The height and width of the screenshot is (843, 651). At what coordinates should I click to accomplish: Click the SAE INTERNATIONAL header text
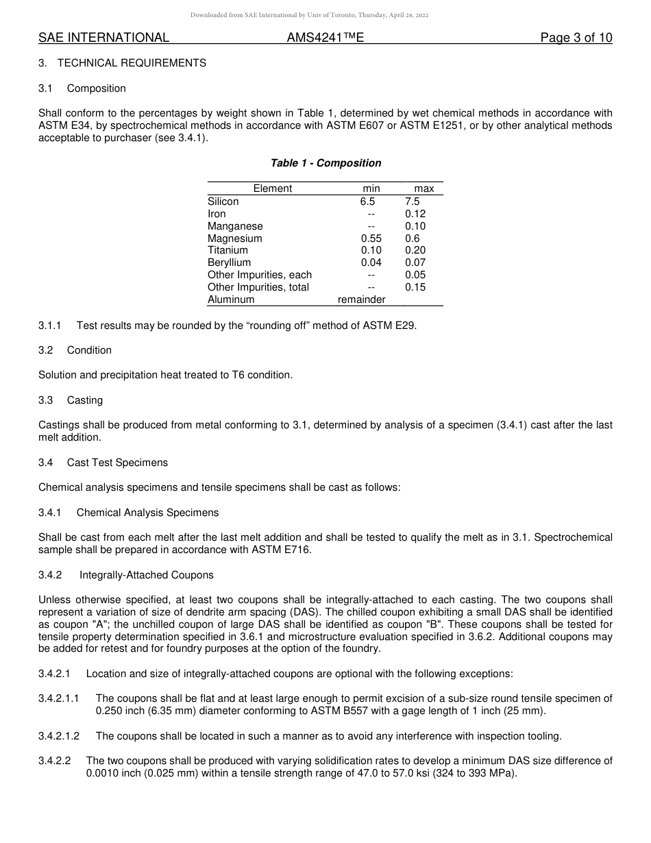[103, 38]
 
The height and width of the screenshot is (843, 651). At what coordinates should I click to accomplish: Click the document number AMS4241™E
[325, 38]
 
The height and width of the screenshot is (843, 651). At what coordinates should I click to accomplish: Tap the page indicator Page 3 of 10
[576, 38]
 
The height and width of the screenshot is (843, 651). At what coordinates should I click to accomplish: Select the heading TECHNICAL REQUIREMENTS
[132, 63]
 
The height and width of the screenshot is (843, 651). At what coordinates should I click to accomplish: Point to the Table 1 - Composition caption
[325, 163]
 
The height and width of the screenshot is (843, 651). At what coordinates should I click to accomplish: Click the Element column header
[273, 188]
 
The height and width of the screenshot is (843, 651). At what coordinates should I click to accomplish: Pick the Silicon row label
[223, 201]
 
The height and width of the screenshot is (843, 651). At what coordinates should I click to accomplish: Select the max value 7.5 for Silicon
[413, 201]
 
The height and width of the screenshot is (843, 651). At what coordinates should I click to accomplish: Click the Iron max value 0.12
[415, 214]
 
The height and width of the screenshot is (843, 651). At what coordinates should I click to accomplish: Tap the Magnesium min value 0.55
[371, 239]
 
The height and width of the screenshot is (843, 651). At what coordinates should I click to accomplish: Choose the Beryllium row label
[229, 262]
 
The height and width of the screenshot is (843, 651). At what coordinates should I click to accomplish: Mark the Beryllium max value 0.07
[415, 262]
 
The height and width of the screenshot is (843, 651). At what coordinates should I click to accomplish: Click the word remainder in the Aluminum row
[362, 300]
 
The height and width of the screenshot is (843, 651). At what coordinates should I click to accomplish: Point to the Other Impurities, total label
[258, 287]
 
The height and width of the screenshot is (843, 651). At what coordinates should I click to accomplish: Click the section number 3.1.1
[50, 326]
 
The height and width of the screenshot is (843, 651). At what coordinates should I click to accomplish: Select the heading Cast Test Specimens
[117, 463]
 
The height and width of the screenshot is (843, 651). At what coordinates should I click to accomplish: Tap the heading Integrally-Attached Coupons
[147, 575]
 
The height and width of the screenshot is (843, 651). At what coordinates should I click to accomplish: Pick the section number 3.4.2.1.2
[59, 736]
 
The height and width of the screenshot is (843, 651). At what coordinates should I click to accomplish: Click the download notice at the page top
[325, 15]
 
